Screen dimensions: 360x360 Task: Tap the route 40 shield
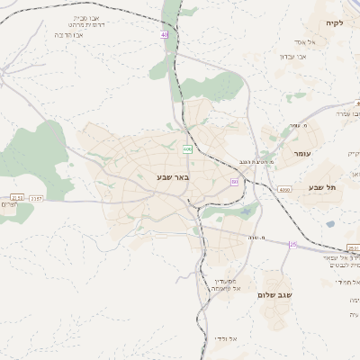165,35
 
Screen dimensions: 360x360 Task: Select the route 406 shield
187,148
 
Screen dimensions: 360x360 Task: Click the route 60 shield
234,182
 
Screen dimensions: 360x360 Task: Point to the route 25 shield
292,244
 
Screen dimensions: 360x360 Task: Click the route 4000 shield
284,190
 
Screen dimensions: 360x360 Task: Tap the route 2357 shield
36,197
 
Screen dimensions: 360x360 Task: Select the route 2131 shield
16,197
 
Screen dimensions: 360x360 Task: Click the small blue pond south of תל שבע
330,224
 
